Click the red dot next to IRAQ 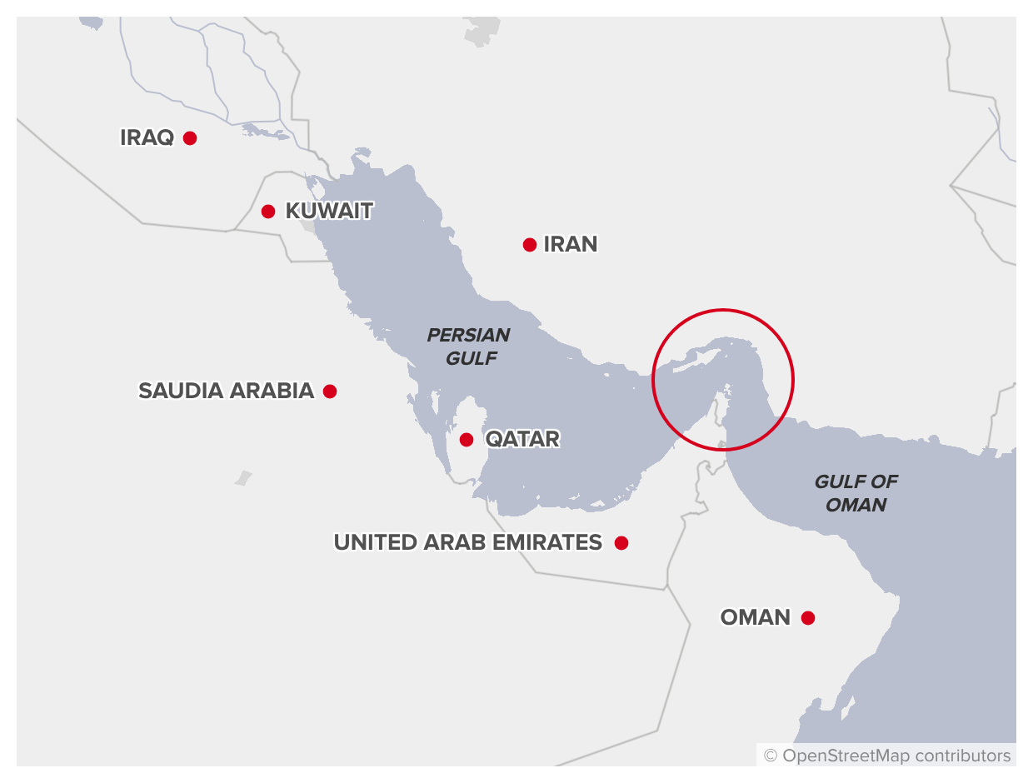[x=190, y=138]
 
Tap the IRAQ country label [x=147, y=138]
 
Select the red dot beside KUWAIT [x=268, y=212]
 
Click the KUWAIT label [x=329, y=212]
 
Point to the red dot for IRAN [x=530, y=245]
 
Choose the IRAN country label [x=571, y=245]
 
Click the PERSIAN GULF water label [x=468, y=347]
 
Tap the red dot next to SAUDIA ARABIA [x=330, y=391]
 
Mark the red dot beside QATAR [x=467, y=440]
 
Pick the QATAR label [x=522, y=440]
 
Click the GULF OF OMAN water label [x=856, y=493]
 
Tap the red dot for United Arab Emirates [x=621, y=543]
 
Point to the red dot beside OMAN [x=808, y=618]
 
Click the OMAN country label [x=756, y=618]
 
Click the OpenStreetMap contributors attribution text [x=896, y=756]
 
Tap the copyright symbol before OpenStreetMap [x=771, y=756]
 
